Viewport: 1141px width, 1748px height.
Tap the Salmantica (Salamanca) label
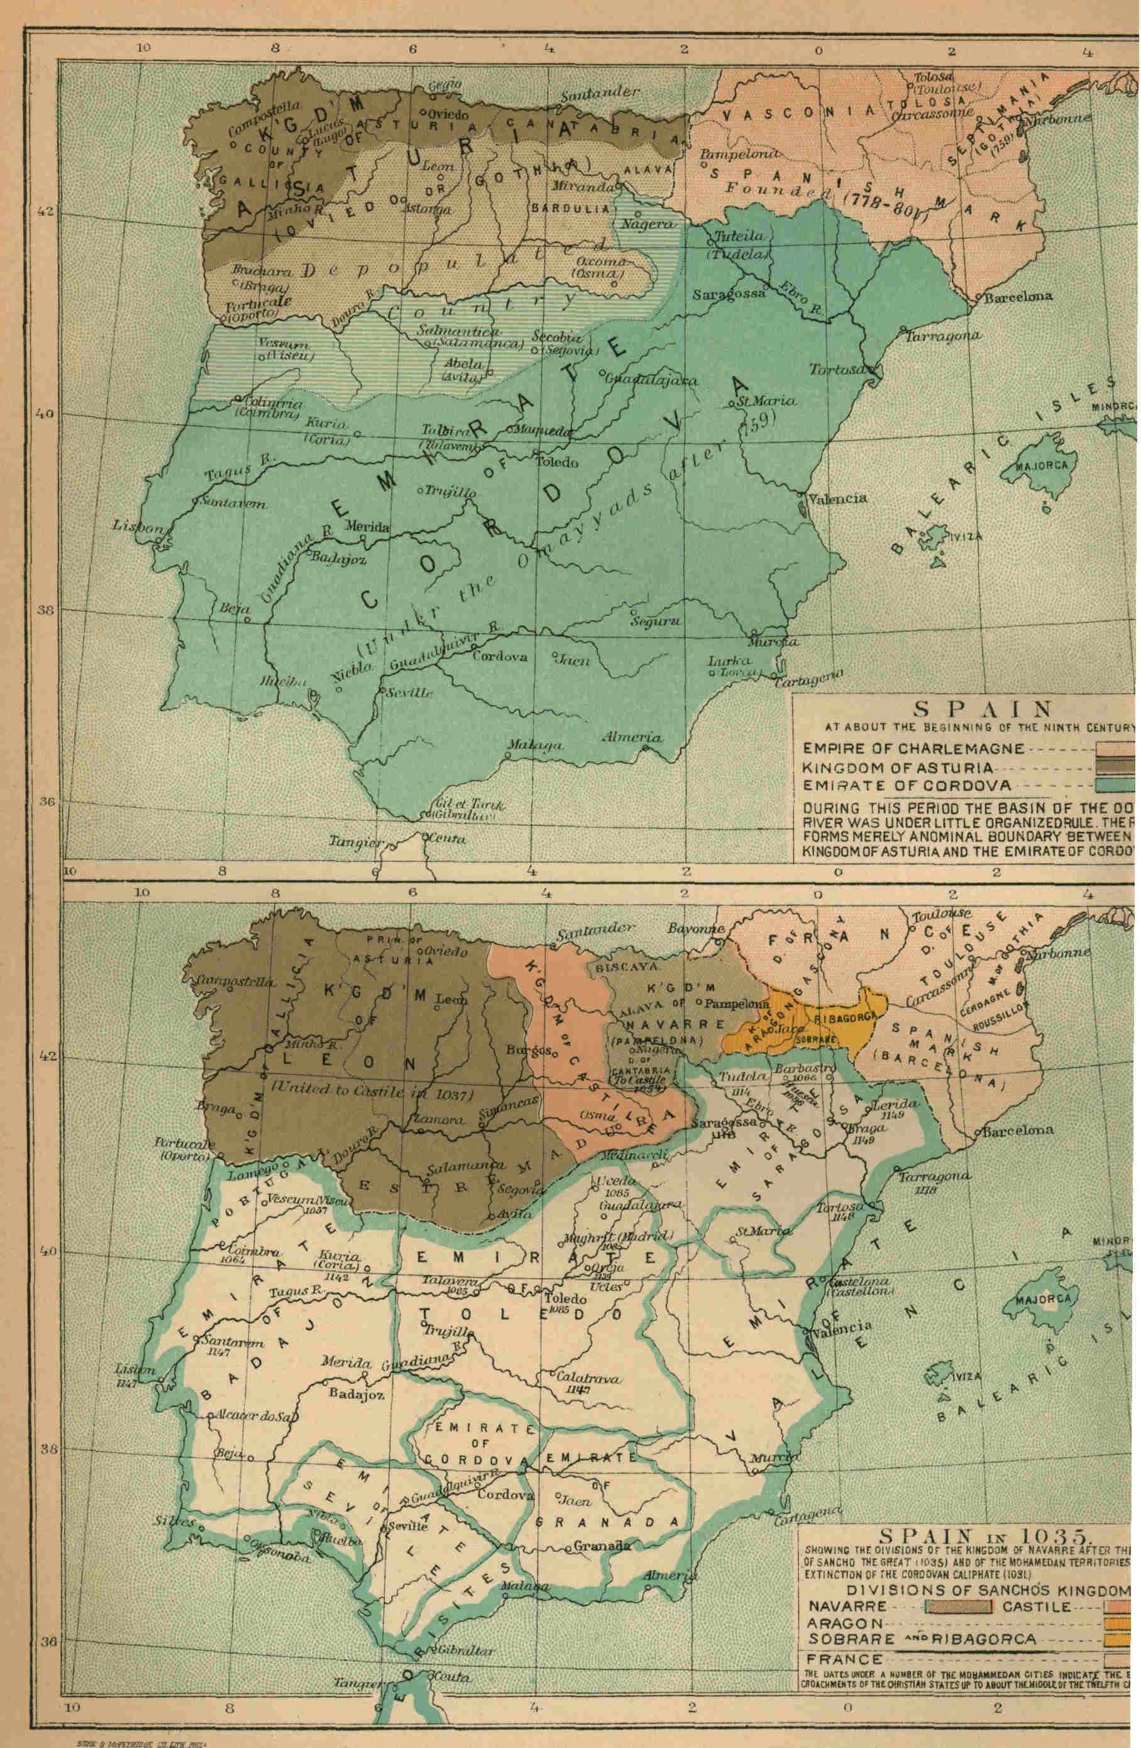[x=470, y=338]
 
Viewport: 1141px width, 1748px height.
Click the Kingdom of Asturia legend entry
[x=896, y=768]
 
